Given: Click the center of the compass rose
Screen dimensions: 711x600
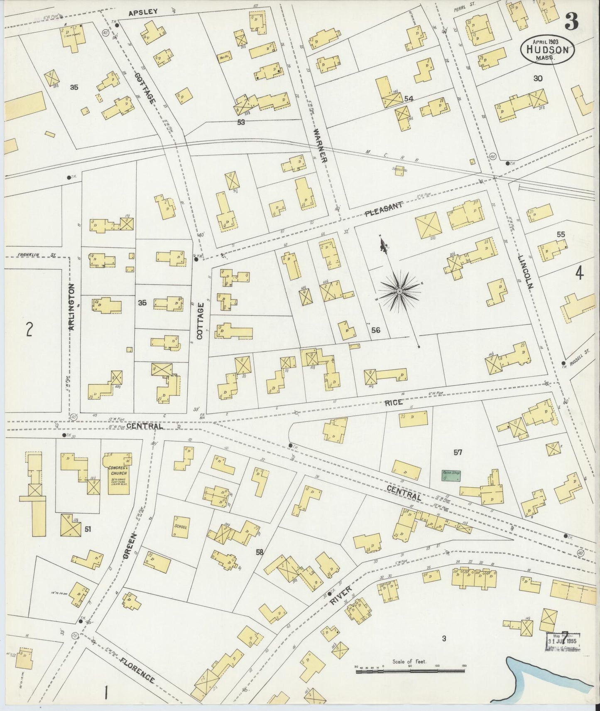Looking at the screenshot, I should [399, 292].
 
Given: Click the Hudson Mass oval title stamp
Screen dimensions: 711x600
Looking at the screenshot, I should [548, 49].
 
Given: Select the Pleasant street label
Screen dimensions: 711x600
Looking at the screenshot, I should [384, 209].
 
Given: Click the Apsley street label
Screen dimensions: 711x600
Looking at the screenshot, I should [143, 12].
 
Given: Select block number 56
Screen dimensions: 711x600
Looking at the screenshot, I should [375, 330].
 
